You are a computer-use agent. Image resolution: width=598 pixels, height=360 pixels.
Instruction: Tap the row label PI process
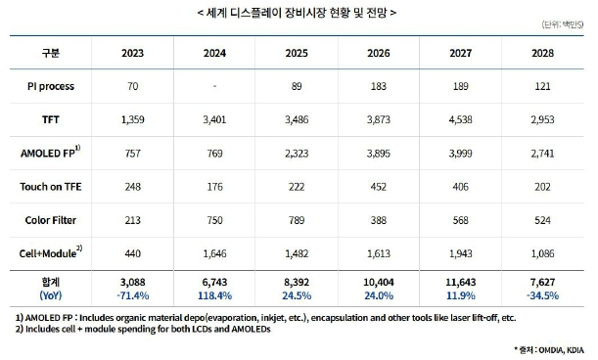[51, 86]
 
